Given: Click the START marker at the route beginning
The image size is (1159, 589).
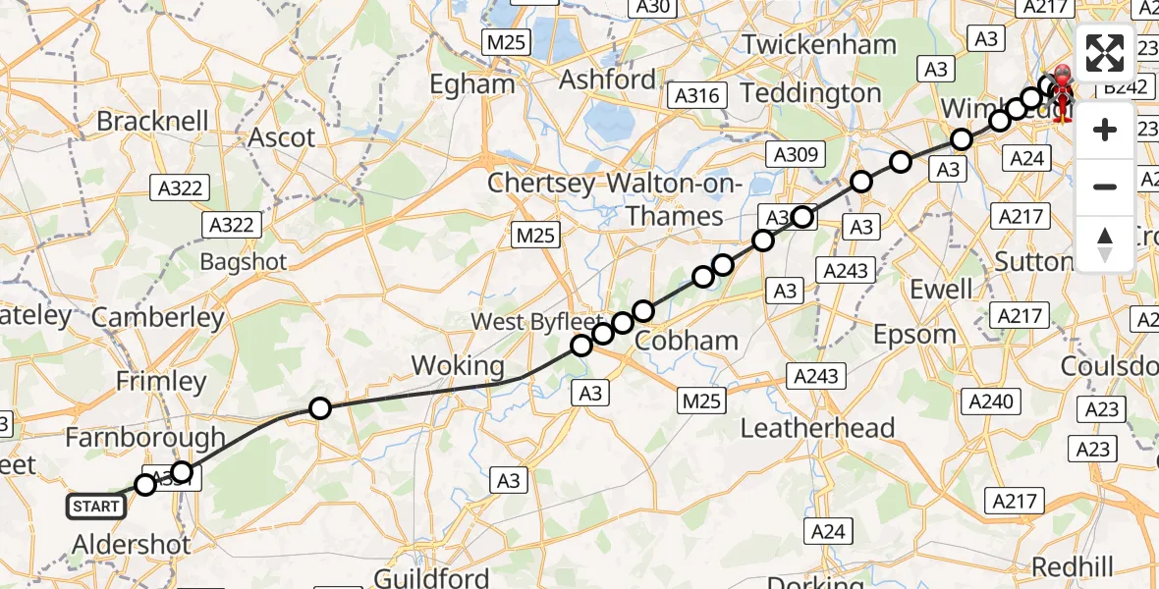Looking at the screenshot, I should coord(96,507).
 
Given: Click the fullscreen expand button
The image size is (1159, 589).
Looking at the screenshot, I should coord(1105,53).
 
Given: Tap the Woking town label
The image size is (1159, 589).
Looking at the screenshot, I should coord(457,366).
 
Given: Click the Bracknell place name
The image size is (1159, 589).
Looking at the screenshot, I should coord(152,122).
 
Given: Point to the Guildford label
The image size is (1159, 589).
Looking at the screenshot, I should coord(432,576).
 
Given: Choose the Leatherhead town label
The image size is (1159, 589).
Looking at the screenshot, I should coord(817,428).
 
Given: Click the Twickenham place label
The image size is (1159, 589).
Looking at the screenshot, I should coord(819,44).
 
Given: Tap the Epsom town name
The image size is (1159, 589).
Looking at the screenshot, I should coord(914,334).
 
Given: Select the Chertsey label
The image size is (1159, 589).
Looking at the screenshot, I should coord(543,184).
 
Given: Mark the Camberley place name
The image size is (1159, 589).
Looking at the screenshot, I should coord(158,318).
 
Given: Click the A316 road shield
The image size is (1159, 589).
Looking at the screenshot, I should coord(697,95).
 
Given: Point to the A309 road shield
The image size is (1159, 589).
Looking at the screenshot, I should coord(796,154).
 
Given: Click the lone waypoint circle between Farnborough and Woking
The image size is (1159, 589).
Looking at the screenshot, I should coord(319,408).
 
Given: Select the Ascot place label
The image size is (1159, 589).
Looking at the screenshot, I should coord(281,137).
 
